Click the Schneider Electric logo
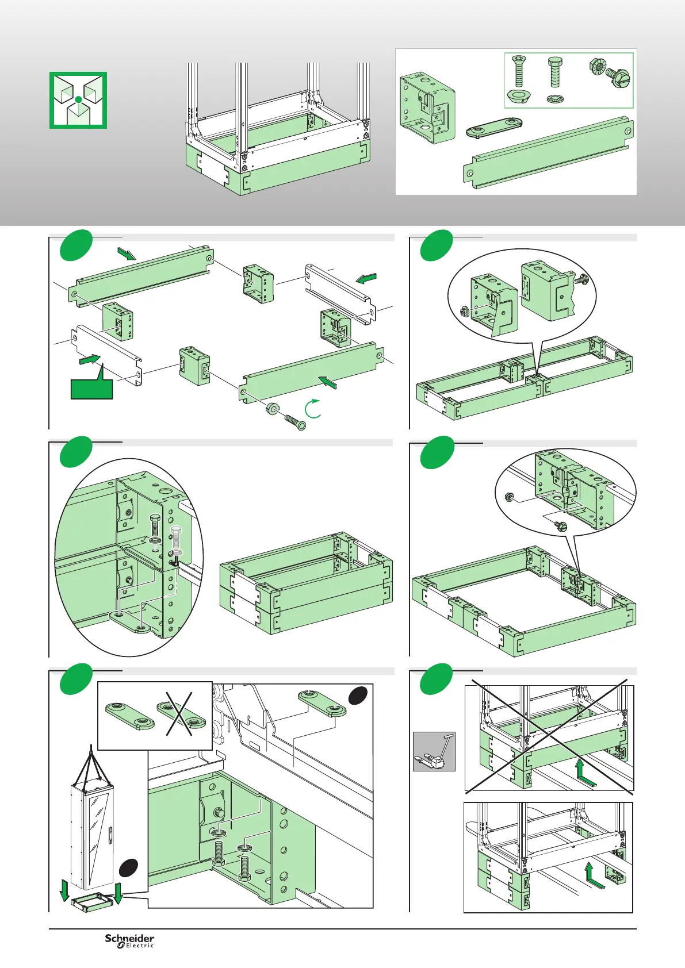pos(129,940)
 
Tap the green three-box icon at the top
pos(78,100)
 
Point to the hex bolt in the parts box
pos(555,71)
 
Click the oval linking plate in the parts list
pos(493,126)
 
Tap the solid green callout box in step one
pos(91,388)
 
